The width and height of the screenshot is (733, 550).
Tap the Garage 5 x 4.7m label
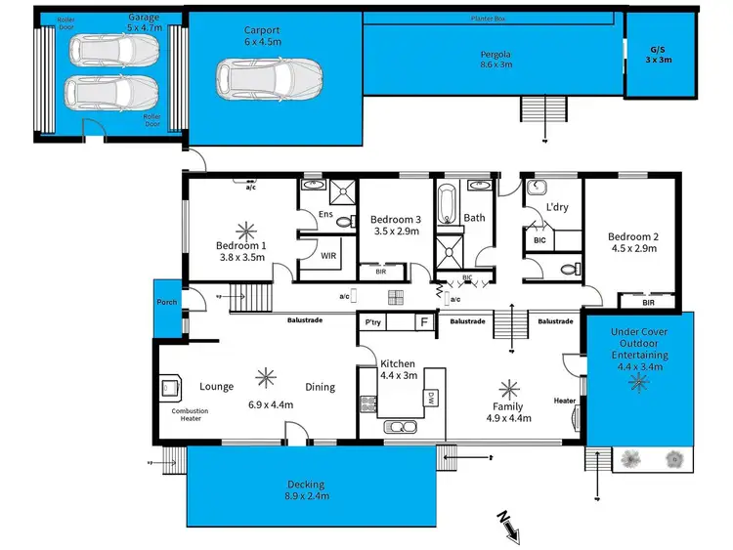(x=144, y=23)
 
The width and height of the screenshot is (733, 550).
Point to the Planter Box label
(x=489, y=18)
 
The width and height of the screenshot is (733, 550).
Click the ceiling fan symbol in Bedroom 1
(x=240, y=230)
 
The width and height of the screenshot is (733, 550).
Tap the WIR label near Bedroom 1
(x=329, y=255)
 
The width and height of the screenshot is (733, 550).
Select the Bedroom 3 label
(x=395, y=225)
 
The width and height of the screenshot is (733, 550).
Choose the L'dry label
(x=557, y=208)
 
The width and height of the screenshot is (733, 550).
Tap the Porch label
(x=166, y=303)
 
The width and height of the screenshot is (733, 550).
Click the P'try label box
(x=372, y=321)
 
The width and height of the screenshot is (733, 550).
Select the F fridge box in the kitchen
(x=423, y=321)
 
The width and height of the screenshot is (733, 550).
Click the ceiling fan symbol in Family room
(x=507, y=387)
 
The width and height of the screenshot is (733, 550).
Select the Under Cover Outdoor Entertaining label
(x=640, y=344)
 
